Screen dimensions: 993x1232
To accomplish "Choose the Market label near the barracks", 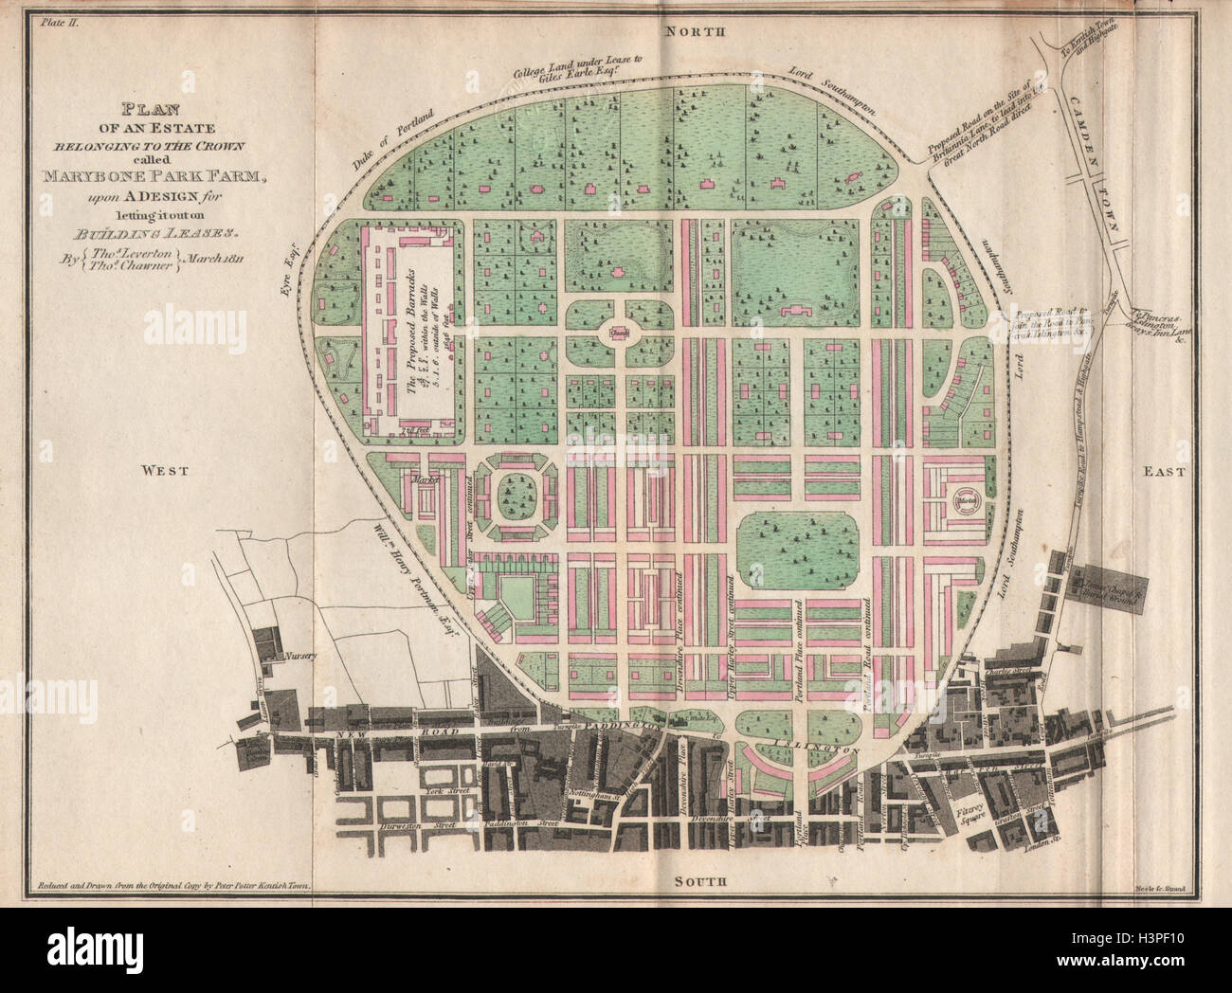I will point(418,481).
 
